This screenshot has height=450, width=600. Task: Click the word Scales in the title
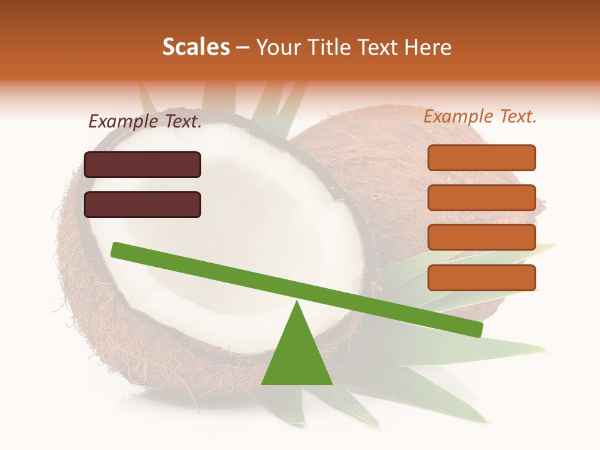pos(196,47)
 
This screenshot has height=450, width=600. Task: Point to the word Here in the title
pos(428,47)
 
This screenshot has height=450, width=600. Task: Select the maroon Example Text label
pos(145,122)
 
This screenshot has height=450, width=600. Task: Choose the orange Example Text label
pos(480,116)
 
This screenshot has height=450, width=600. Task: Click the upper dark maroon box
pos(142,164)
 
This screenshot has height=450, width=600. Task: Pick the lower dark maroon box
pos(142,204)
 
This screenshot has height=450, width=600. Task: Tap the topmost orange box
pos(481,157)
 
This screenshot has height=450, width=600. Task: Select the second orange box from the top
pos(481,197)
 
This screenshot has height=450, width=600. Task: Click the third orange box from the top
pos(481,237)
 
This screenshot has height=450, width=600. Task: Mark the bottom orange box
pos(481,277)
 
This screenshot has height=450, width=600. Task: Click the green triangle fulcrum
pos(296,356)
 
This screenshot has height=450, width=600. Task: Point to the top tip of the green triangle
pos(297,303)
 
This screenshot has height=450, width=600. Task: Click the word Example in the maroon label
pos(124,122)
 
